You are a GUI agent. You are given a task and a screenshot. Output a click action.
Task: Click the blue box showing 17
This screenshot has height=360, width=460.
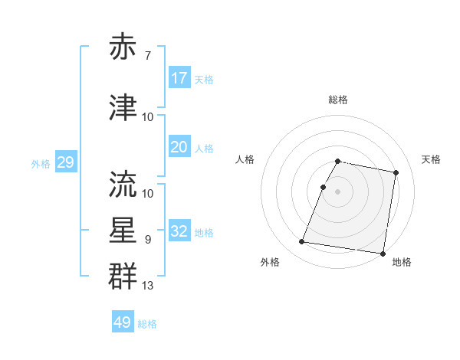click(x=179, y=78)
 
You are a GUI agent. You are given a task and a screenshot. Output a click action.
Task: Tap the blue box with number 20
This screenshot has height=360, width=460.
click(x=179, y=147)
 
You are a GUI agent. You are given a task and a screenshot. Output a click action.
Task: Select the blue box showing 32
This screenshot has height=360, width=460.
click(x=179, y=231)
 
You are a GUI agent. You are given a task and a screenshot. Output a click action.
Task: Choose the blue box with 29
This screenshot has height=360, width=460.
click(x=65, y=162)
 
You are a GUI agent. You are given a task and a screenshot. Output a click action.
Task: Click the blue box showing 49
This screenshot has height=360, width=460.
click(x=123, y=322)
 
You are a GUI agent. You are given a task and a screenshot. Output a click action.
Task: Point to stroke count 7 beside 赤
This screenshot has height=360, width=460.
click(x=148, y=55)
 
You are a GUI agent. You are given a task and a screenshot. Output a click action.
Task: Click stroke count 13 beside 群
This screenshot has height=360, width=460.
click(x=148, y=286)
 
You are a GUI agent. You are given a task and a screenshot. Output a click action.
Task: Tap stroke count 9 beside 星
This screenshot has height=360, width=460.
click(x=148, y=240)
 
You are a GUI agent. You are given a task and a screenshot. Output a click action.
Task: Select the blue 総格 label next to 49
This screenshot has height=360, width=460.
click(x=147, y=324)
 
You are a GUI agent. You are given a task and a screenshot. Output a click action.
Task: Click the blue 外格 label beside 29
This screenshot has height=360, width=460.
click(x=41, y=163)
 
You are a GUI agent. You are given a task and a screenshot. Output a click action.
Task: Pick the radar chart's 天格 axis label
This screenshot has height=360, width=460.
click(x=432, y=159)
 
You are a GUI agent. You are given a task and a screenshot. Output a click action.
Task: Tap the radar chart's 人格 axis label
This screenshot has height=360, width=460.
click(x=245, y=159)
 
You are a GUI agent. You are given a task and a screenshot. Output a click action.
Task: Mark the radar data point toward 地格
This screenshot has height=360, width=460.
click(x=383, y=253)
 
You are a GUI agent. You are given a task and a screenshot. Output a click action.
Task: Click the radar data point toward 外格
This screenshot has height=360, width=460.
click(x=301, y=242)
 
